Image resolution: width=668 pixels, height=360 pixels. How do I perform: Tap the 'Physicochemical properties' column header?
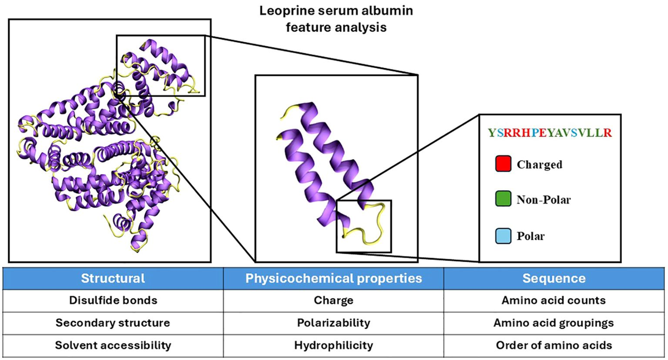tap(333, 278)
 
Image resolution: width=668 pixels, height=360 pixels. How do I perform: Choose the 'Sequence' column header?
tap(554, 278)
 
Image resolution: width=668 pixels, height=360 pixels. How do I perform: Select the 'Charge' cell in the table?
tap(333, 300)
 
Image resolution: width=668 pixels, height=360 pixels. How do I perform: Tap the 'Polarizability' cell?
tap(333, 323)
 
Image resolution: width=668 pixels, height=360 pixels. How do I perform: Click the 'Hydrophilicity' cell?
tap(333, 345)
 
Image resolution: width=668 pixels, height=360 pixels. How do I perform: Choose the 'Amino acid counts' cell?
tap(554, 300)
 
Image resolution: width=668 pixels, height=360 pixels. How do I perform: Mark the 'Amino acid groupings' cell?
tap(554, 323)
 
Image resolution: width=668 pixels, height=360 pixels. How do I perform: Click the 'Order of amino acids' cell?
tap(554, 345)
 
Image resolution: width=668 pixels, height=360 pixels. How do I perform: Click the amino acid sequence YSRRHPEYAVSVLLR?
tap(550, 133)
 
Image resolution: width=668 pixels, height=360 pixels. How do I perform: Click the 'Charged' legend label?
tap(539, 165)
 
